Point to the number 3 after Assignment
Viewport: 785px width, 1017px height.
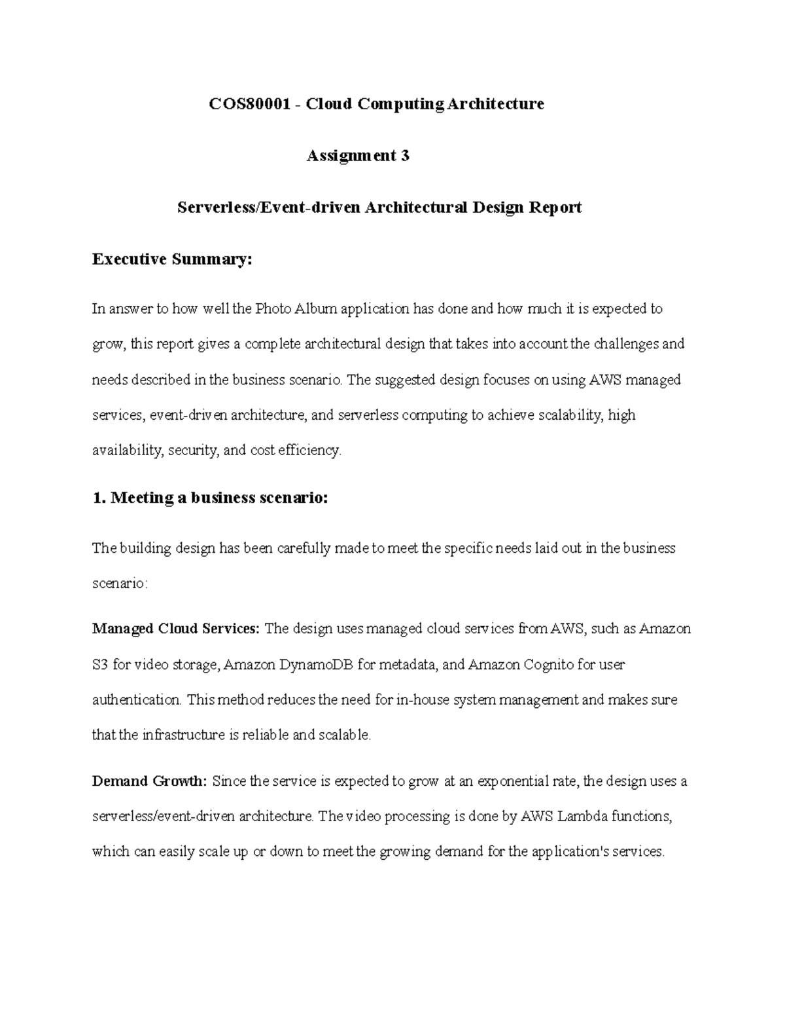pos(405,156)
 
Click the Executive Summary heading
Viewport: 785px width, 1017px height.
pos(171,259)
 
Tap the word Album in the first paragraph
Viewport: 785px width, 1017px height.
pos(314,308)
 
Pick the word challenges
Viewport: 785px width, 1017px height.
pos(625,344)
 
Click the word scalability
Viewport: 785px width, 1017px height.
pos(571,415)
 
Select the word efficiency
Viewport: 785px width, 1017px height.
pos(309,451)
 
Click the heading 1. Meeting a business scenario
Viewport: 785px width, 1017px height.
pos(209,498)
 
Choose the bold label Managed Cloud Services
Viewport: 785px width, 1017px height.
pos(176,629)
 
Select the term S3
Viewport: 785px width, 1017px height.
pos(100,665)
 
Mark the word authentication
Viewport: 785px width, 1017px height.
pos(136,700)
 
